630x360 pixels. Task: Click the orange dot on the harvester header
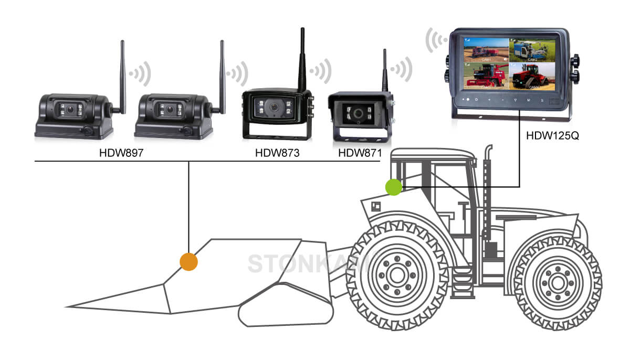click(x=188, y=261)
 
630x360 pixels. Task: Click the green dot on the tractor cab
click(x=393, y=187)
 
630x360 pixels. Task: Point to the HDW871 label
click(x=360, y=154)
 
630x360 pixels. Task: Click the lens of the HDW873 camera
click(x=274, y=108)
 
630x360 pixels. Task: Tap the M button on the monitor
click(x=528, y=100)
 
